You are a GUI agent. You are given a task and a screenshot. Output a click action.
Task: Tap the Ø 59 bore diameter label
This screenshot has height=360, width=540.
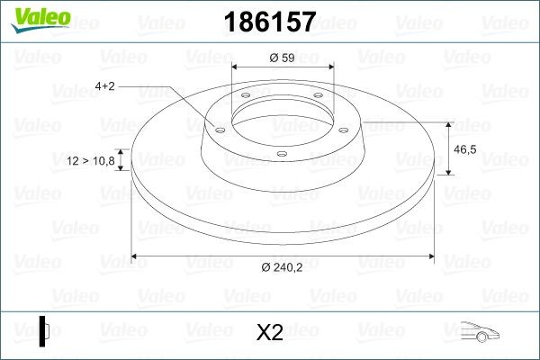(x=283, y=59)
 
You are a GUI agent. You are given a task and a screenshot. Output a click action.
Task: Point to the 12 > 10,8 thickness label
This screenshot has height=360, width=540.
(x=90, y=161)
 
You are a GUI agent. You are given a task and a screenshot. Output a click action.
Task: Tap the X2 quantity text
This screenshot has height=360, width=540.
(x=270, y=332)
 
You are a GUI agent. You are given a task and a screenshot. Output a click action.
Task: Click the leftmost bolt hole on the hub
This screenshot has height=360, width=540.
(x=217, y=128)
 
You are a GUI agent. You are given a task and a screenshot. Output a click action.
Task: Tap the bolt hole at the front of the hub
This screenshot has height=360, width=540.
(x=281, y=154)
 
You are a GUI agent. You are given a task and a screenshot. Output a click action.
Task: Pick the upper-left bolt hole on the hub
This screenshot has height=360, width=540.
(x=243, y=99)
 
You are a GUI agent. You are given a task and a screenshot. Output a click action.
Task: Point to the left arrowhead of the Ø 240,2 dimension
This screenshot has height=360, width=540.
(x=137, y=257)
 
